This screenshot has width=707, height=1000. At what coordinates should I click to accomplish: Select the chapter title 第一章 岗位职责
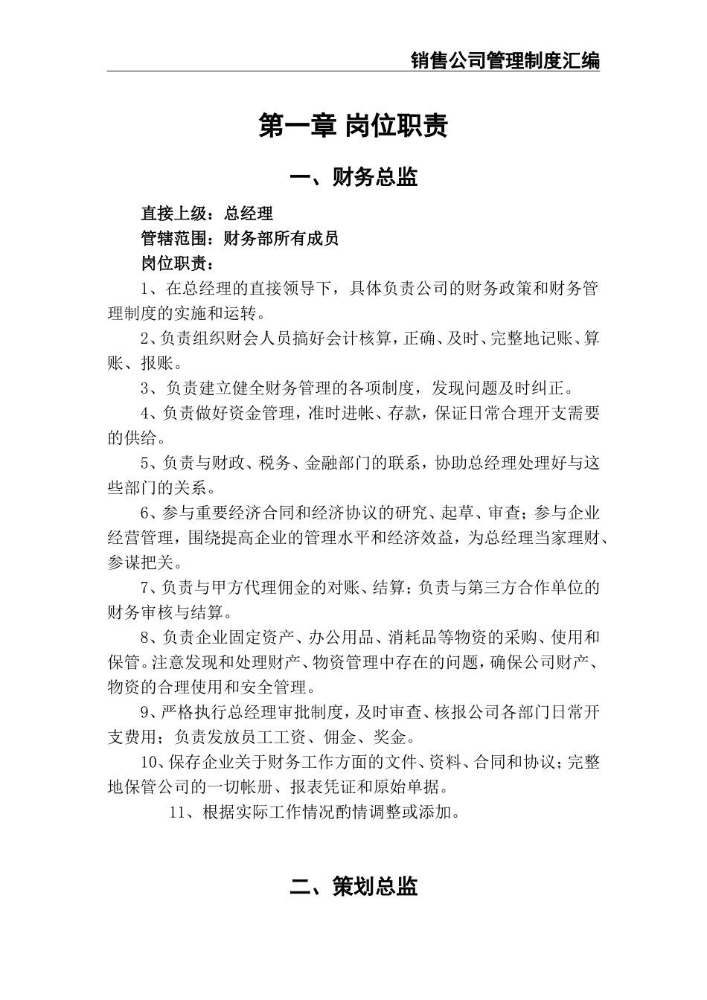[353, 126]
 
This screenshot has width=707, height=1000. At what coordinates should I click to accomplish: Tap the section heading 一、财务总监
[353, 177]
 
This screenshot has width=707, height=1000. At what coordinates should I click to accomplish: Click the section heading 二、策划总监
[353, 886]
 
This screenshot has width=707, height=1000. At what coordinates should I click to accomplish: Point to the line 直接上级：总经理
[207, 214]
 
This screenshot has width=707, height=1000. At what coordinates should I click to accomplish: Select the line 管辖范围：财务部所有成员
[240, 239]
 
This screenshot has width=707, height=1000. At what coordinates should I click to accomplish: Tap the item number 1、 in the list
[149, 289]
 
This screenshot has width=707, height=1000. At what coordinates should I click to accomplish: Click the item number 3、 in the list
[149, 388]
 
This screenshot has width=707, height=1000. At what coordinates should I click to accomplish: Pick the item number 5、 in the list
[149, 464]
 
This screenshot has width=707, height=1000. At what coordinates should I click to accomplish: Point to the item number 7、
[149, 588]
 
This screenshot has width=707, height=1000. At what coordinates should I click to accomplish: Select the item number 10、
[153, 762]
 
